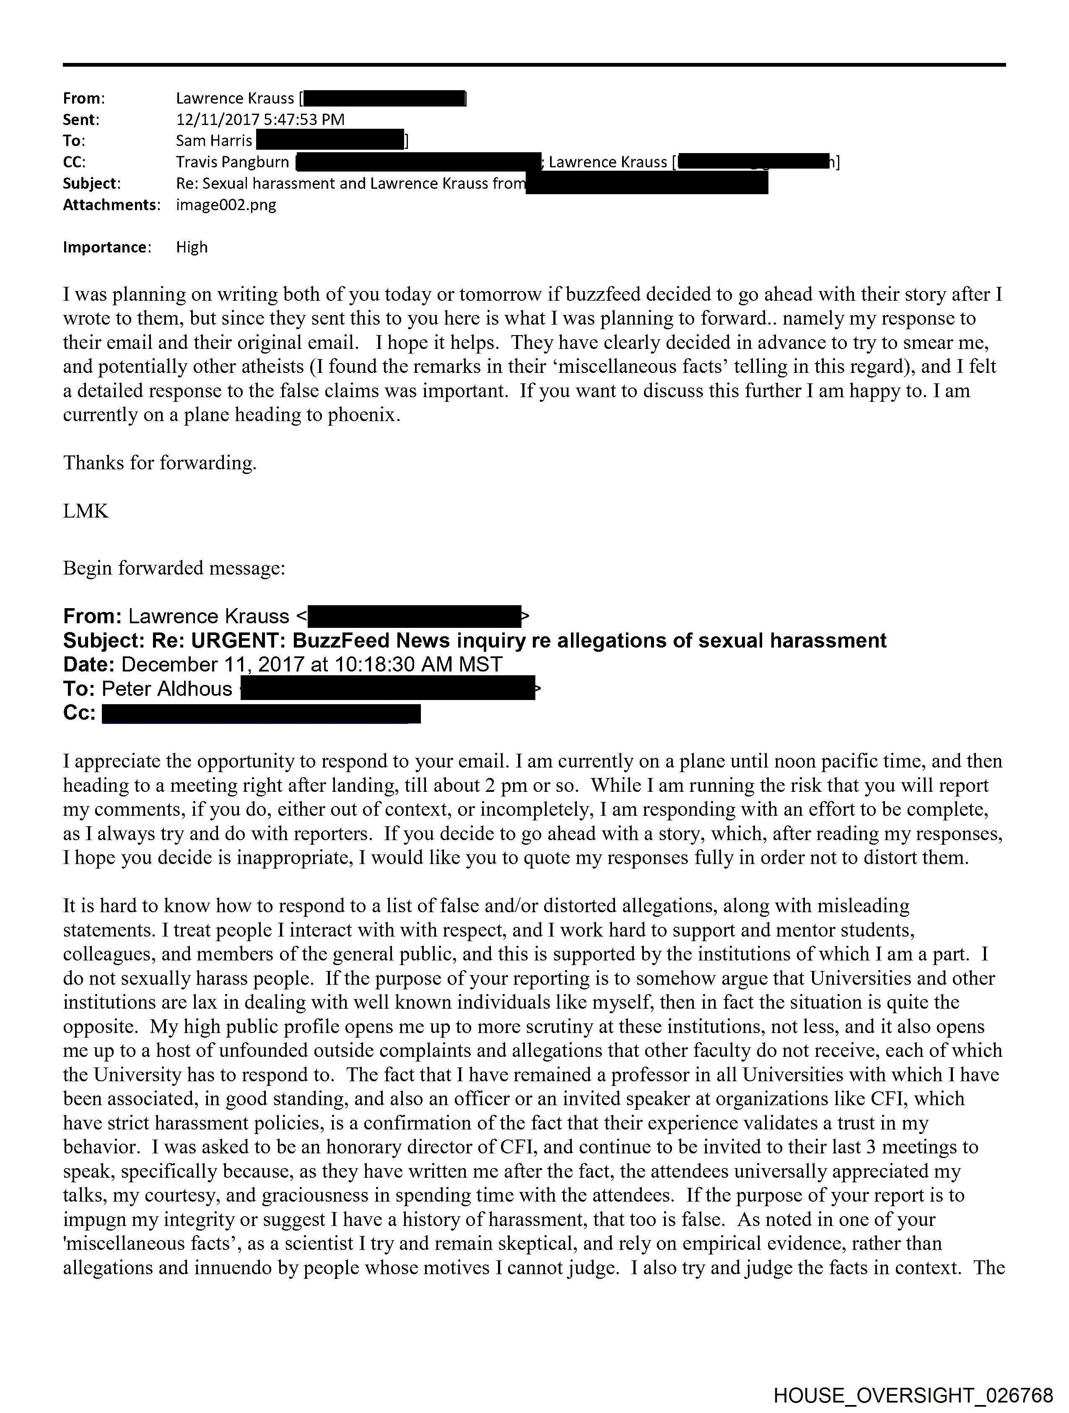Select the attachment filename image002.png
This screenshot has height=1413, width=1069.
point(226,205)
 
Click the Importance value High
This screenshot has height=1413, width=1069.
point(192,247)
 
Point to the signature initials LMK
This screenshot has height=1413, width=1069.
point(86,511)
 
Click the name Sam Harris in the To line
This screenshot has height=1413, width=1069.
point(214,141)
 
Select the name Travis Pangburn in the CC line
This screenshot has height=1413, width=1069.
point(232,162)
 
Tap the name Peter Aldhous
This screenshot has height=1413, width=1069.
point(167,689)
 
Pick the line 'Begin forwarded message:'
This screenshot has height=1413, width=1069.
point(174,568)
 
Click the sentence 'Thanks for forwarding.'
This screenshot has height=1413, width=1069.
point(160,463)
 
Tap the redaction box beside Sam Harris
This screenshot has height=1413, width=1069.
point(330,141)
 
